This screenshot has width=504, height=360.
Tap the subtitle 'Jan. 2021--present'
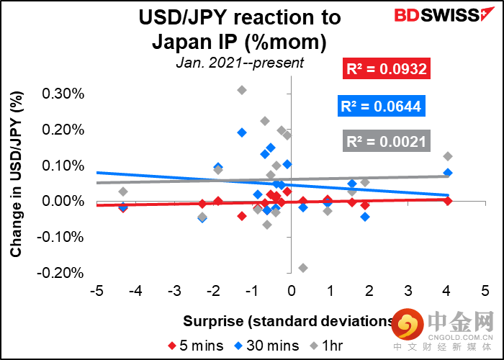[240, 63]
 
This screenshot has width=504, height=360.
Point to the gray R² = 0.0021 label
[387, 142]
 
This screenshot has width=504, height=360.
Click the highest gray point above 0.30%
[242, 90]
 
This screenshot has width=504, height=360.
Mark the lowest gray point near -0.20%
[303, 268]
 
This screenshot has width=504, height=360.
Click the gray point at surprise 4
[448, 156]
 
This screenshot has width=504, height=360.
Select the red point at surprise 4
[448, 201]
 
